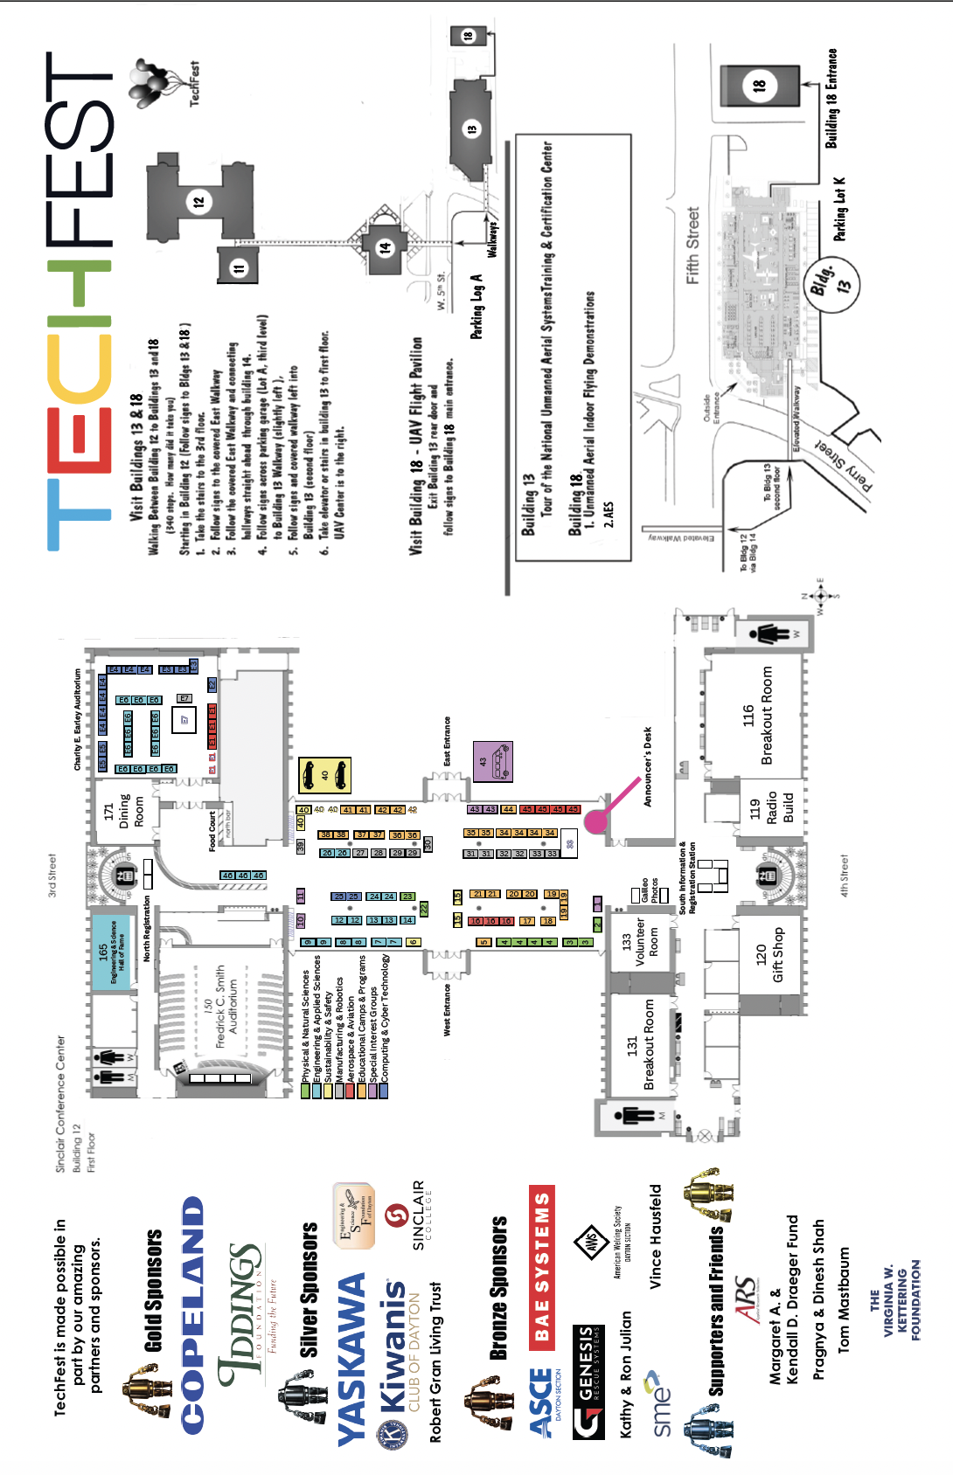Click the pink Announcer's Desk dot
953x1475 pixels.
pyautogui.click(x=596, y=821)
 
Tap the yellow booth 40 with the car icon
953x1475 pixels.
pyautogui.click(x=324, y=775)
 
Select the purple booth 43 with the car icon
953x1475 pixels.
pyautogui.click(x=493, y=762)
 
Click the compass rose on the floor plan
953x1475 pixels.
pyautogui.click(x=820, y=596)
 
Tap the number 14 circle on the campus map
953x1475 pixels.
pyautogui.click(x=386, y=248)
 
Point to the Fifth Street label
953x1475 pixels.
pyautogui.click(x=692, y=246)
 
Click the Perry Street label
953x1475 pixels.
pyautogui.click(x=845, y=467)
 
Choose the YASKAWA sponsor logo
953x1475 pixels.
pyautogui.click(x=351, y=1359)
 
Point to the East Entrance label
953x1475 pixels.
pyautogui.click(x=447, y=742)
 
